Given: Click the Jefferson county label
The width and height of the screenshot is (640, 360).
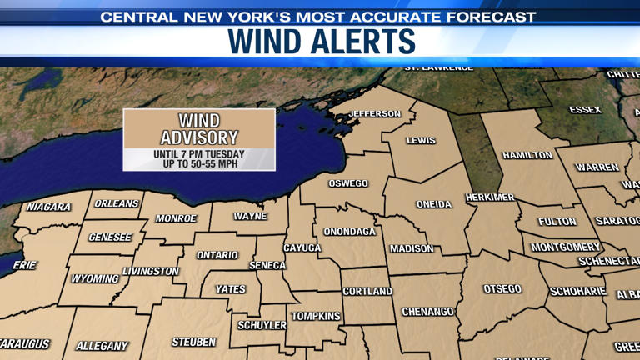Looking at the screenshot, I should click(374, 113).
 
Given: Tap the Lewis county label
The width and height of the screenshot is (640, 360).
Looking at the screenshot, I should click(421, 140).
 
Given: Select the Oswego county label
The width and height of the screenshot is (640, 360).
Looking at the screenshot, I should click(348, 183).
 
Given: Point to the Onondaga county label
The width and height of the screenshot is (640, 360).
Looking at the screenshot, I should click(350, 232).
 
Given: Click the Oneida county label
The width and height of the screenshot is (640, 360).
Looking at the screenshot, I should click(434, 204).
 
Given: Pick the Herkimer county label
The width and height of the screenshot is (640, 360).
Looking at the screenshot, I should click(490, 197).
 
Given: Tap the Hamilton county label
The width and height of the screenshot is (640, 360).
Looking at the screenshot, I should click(527, 155).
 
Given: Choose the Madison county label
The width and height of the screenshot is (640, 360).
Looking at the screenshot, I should click(412, 248).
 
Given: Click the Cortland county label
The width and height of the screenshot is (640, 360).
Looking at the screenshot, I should click(367, 291).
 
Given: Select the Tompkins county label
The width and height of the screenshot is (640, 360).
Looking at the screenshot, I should click(315, 316).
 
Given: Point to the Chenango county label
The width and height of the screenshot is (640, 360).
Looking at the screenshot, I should click(427, 312).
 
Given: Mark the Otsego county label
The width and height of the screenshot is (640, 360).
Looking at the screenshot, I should click(502, 288).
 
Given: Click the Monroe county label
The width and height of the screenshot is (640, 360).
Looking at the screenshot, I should click(176, 218).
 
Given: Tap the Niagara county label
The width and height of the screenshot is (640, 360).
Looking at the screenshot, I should click(48, 207).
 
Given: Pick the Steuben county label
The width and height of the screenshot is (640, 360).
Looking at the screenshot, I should click(194, 342).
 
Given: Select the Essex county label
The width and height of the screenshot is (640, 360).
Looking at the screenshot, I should click(585, 110).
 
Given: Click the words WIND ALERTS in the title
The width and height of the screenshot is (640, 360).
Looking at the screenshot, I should click(321, 41).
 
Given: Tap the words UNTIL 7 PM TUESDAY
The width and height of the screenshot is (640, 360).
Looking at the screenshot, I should click(199, 154).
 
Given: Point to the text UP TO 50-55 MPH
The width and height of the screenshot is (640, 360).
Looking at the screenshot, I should click(199, 164).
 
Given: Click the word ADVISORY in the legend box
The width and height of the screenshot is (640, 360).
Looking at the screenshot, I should click(199, 137).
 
